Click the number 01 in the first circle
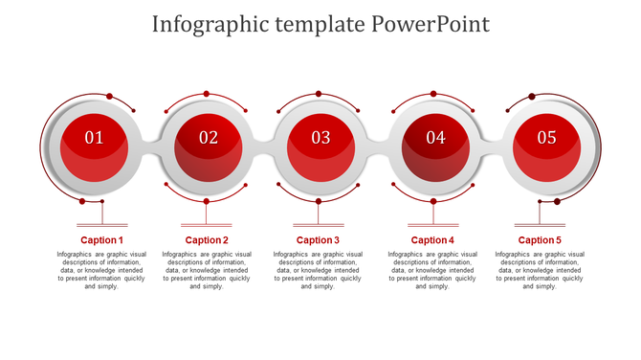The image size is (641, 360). pos(95,138)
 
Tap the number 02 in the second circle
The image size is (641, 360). pos(209,138)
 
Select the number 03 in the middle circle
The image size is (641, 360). pos(320,138)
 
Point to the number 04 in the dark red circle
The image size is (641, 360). pos(435,138)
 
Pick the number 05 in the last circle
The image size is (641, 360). pos(546,138)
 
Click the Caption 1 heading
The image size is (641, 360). pos(101,240)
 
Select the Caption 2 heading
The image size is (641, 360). pos(207,240)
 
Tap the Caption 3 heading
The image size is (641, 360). pos(318,240)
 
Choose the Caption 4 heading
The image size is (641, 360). pos(432,240)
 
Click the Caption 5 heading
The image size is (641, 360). pos(540,240)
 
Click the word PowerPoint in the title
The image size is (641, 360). pos(429,24)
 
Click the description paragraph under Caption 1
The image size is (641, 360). pos(101,270)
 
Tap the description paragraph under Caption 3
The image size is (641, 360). pos(318,270)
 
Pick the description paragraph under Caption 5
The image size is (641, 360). pos(540,270)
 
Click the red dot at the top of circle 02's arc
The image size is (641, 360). pos(207,94)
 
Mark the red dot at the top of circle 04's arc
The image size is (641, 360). pos(433,94)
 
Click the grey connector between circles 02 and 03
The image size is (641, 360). pos(265,146)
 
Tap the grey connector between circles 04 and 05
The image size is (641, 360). pos(492,146)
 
